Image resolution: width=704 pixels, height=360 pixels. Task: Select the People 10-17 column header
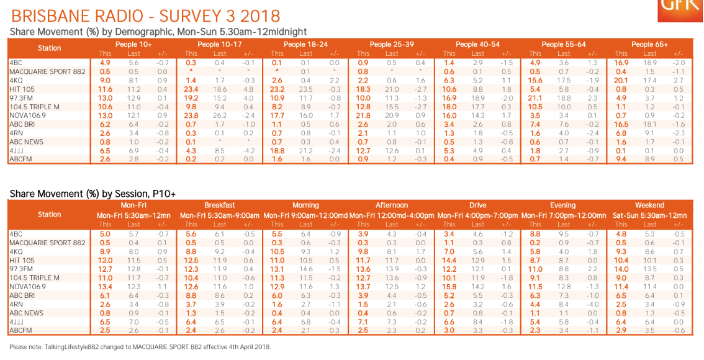click(x=219, y=44)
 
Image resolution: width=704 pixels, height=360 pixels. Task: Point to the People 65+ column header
click(x=649, y=44)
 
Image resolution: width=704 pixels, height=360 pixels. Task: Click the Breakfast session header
click(x=220, y=205)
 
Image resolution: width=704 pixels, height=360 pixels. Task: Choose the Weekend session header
click(x=649, y=205)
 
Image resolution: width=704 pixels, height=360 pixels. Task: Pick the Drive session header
click(x=477, y=205)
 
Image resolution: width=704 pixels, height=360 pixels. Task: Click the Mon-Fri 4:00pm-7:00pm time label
click(x=477, y=215)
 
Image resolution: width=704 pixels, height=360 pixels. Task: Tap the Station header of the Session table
click(x=49, y=214)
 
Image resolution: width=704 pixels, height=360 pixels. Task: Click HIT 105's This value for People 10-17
click(x=191, y=89)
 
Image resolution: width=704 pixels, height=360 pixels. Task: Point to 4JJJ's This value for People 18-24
click(x=277, y=150)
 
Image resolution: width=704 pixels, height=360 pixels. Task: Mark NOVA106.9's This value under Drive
click(x=448, y=287)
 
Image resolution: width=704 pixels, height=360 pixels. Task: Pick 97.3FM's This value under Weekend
click(x=621, y=269)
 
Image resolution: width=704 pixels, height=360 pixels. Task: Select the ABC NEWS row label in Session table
click(x=27, y=313)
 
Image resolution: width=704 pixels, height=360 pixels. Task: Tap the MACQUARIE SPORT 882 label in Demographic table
click(x=47, y=71)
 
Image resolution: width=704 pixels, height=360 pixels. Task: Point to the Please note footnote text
click(x=140, y=346)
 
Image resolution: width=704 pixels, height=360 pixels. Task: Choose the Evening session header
click(x=563, y=205)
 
